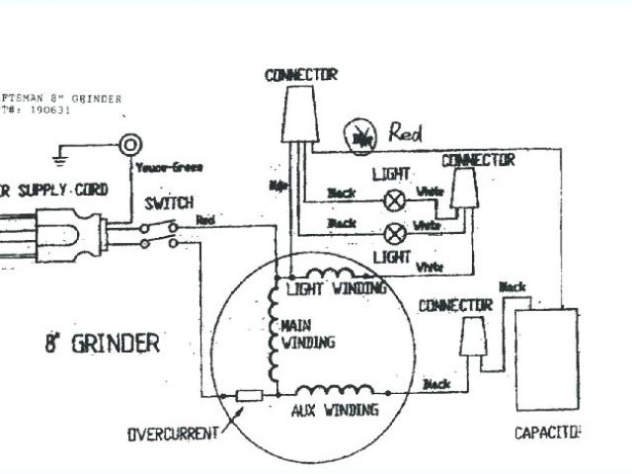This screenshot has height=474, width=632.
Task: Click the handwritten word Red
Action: (406, 131)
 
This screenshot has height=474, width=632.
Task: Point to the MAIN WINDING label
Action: (308, 335)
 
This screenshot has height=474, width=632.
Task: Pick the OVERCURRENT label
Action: (173, 435)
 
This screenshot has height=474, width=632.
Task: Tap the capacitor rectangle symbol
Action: (545, 359)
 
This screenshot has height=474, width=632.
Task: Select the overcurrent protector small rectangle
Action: (248, 395)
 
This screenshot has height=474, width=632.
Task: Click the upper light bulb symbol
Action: (395, 197)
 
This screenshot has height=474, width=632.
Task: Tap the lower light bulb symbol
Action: (395, 234)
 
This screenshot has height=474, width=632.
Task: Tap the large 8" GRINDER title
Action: (101, 344)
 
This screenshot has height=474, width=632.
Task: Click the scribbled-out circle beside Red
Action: (360, 137)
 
